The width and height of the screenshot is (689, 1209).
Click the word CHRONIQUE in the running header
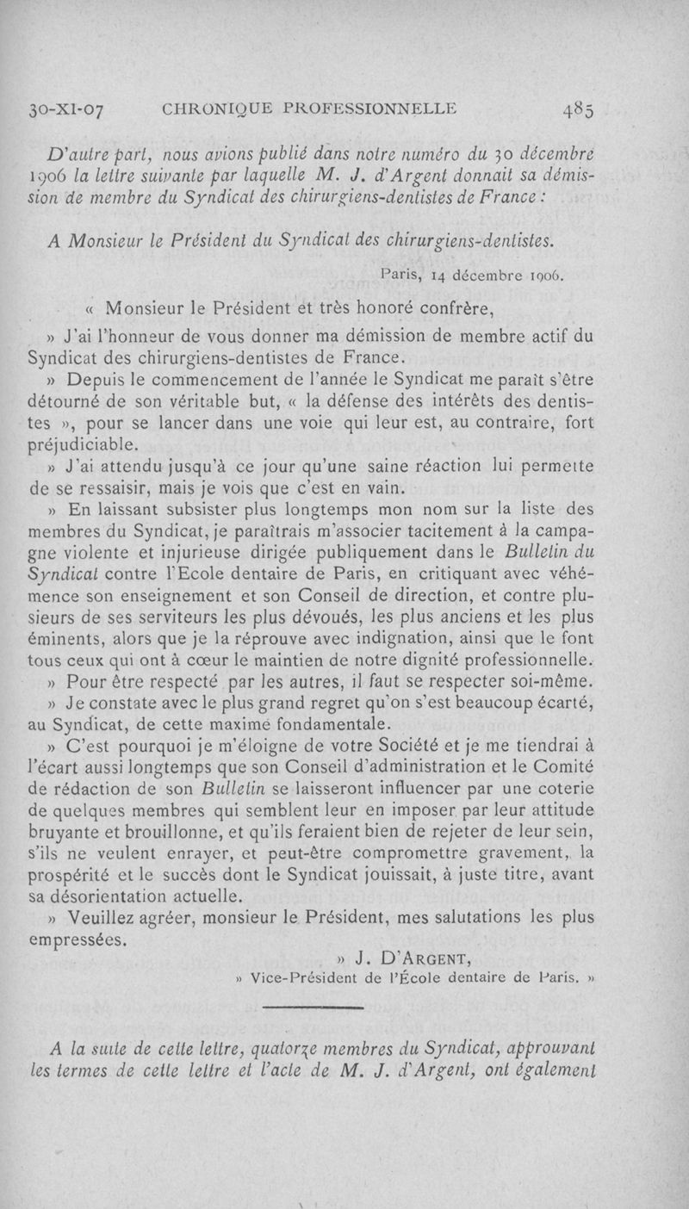203,108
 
